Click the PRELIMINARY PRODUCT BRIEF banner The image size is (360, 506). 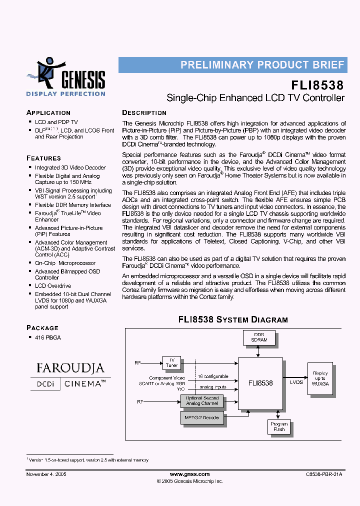[x=262, y=65]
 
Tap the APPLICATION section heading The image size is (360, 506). [x=48, y=112]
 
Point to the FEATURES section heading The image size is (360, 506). [x=43, y=157]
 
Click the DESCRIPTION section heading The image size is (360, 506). [x=144, y=112]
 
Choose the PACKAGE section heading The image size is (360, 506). [x=42, y=327]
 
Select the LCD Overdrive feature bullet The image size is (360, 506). [x=53, y=286]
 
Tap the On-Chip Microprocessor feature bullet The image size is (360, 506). [x=65, y=263]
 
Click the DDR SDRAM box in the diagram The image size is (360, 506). [x=259, y=337]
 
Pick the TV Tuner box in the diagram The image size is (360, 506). [x=171, y=362]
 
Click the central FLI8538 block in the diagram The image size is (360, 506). [x=260, y=383]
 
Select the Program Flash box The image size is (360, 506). [x=278, y=426]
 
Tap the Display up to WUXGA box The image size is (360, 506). [x=320, y=378]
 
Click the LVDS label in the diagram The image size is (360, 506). [x=296, y=382]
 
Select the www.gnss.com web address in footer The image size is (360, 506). [x=189, y=474]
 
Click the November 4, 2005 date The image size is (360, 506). [x=46, y=474]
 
